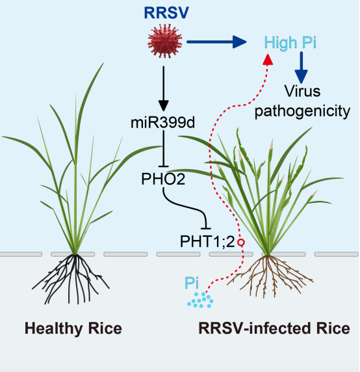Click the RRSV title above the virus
click(166, 12)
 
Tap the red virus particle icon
click(165, 41)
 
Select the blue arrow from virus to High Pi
click(216, 42)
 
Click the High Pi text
click(290, 43)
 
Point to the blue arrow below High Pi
click(302, 68)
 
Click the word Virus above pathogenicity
click(302, 91)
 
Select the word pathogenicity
click(302, 111)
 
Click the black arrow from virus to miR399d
click(164, 88)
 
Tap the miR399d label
click(163, 123)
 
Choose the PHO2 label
click(163, 179)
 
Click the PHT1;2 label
click(207, 242)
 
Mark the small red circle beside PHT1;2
click(241, 243)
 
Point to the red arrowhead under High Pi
click(268, 59)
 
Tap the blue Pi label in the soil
click(192, 283)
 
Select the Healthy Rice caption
click(73, 328)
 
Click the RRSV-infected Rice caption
click(274, 328)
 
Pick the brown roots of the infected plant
click(269, 275)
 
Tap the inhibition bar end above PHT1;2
click(206, 228)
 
